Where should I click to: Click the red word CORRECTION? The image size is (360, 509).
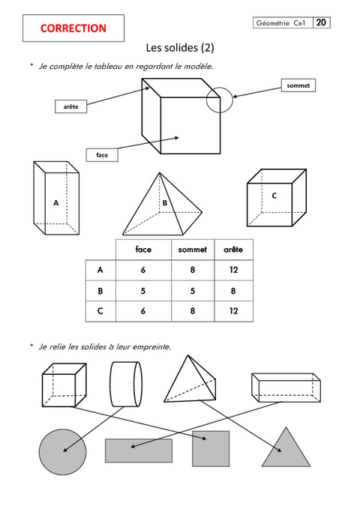click(73, 28)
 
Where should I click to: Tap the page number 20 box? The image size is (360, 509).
click(321, 22)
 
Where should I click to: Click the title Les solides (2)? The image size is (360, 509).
click(180, 48)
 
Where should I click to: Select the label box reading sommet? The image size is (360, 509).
click(298, 85)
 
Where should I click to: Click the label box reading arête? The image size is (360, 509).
click(70, 106)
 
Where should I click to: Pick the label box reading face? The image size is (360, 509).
click(102, 155)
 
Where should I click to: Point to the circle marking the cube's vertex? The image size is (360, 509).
click(220, 87)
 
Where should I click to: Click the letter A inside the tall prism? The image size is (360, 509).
click(56, 203)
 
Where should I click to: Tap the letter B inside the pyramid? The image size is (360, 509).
click(165, 203)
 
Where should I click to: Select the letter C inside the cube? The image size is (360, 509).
click(274, 196)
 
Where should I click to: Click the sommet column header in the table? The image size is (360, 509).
click(193, 250)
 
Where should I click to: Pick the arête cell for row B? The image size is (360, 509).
click(233, 291)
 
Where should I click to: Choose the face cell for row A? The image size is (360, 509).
click(143, 270)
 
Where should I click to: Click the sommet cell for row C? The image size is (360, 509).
click(193, 311)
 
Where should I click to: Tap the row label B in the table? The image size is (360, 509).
click(100, 291)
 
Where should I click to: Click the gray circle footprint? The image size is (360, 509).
click(63, 452)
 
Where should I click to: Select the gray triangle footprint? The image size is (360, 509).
click(286, 451)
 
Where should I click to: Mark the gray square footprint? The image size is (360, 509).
click(211, 448)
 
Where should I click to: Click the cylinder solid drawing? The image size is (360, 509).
click(126, 385)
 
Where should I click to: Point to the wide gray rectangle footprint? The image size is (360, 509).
click(139, 451)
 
